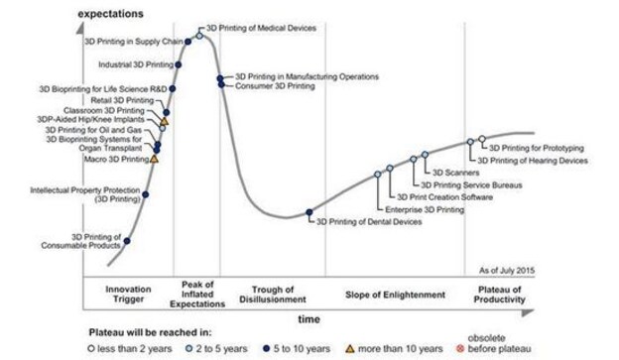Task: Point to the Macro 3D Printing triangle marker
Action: (x=155, y=158)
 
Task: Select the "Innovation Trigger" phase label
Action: (x=134, y=295)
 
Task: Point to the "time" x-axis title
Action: (x=309, y=319)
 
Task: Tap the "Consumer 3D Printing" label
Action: (x=275, y=86)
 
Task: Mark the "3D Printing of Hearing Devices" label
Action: (x=533, y=159)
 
